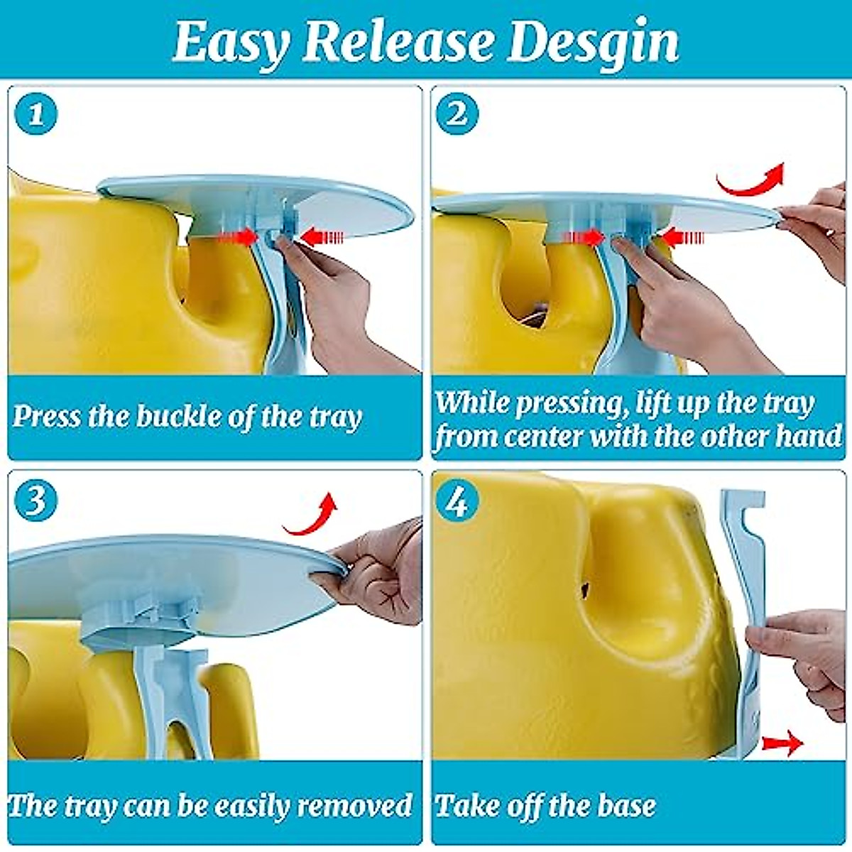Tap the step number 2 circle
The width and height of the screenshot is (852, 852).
[457, 114]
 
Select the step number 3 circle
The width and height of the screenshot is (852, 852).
[35, 501]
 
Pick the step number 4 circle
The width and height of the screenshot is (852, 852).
[457, 503]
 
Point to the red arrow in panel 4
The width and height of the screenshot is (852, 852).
[781, 743]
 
